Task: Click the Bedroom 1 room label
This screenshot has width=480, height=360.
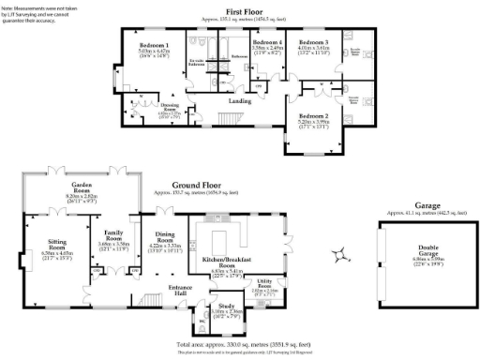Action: click(x=154, y=46)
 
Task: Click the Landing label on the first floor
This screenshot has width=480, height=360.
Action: click(x=239, y=101)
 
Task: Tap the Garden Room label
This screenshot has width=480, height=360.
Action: click(x=88, y=187)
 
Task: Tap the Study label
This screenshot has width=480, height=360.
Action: click(x=225, y=306)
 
